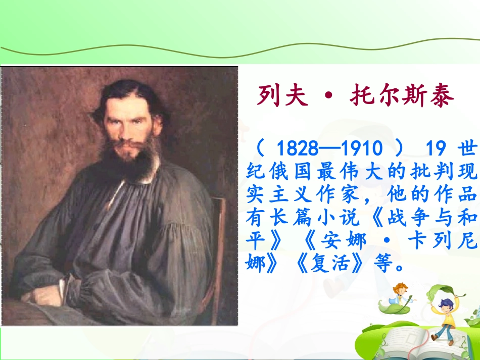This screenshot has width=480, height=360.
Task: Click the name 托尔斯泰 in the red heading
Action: click(x=399, y=96)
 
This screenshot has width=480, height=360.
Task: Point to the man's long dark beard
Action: click(x=133, y=162)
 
